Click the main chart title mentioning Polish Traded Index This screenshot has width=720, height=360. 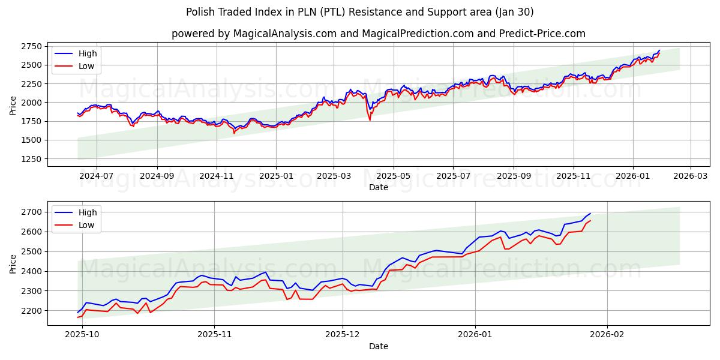pos(360,12)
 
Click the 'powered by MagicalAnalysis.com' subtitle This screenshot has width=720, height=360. pos(378,34)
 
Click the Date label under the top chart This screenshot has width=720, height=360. pos(378,187)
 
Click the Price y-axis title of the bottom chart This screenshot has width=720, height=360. pos(13,263)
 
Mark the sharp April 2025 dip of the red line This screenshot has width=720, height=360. pos(370,120)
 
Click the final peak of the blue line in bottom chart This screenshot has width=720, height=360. pos(590,214)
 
